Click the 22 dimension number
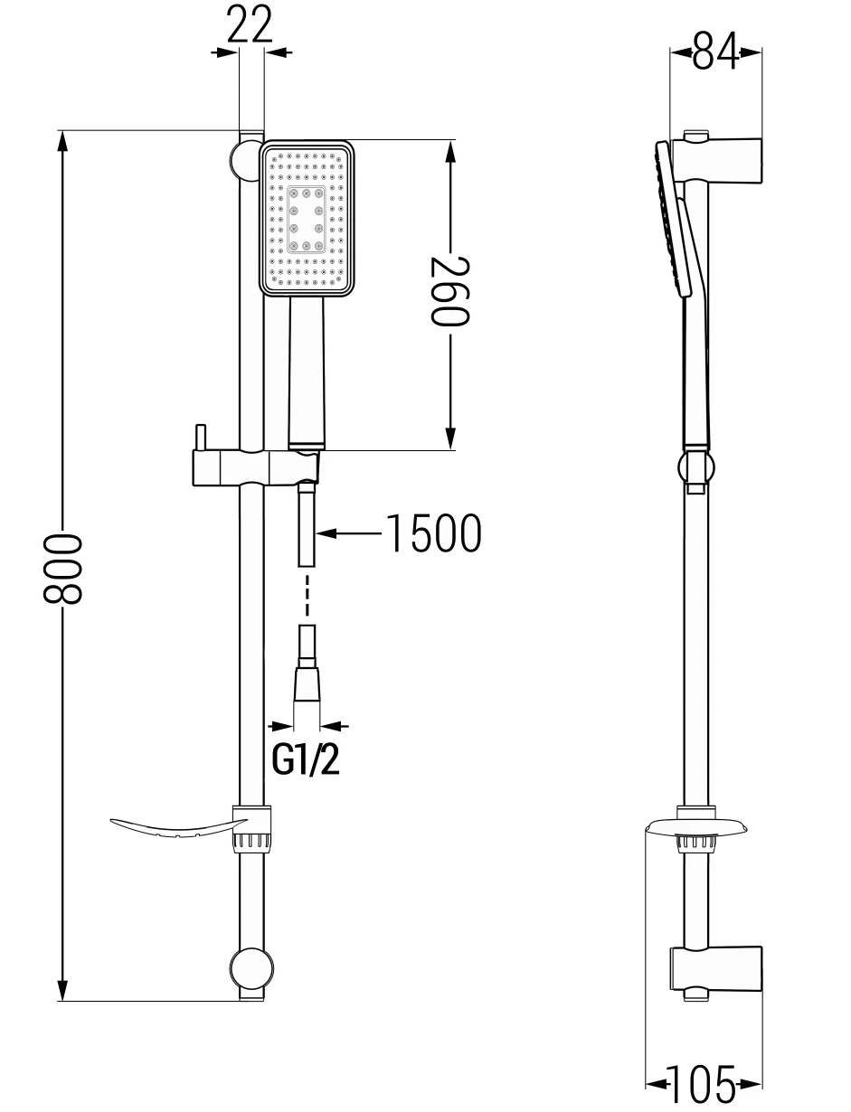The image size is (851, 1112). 250,24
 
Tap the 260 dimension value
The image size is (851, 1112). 449,291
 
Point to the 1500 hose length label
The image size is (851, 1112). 433,533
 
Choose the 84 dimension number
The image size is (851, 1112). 715,51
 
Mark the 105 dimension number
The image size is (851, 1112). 702,1084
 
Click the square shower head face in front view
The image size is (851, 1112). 307,218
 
